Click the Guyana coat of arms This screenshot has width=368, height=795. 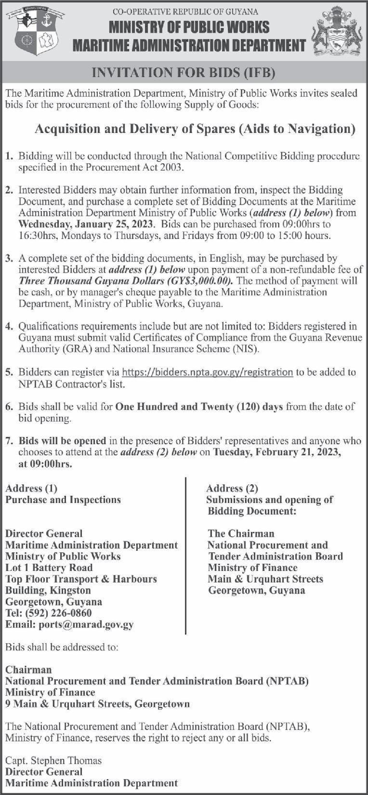(x=337, y=33)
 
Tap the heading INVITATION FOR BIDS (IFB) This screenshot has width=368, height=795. (x=184, y=73)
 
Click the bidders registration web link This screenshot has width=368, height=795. (x=207, y=372)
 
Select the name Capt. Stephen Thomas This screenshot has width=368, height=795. (x=53, y=760)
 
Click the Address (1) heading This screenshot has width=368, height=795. (x=31, y=489)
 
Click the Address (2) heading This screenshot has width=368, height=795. (x=232, y=489)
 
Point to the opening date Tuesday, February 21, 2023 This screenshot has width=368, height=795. (x=277, y=452)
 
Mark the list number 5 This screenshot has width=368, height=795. (x=9, y=372)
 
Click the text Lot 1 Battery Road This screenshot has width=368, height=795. (x=49, y=568)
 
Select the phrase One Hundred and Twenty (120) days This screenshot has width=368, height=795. (x=199, y=407)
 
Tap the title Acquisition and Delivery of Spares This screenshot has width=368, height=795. (x=195, y=129)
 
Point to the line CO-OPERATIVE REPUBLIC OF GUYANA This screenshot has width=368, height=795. (x=185, y=12)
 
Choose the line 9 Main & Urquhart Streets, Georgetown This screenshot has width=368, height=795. (x=97, y=704)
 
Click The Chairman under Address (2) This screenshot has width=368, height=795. (x=241, y=533)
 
